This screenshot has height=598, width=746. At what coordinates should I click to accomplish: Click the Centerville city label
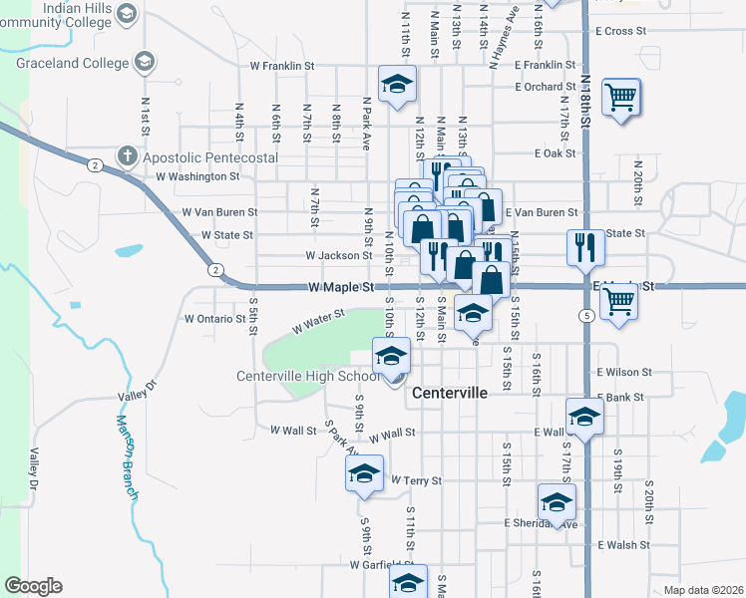pyautogui.click(x=450, y=393)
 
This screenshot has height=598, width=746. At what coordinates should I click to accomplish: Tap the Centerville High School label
pyautogui.click(x=308, y=376)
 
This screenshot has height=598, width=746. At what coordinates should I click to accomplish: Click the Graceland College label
pyautogui.click(x=73, y=63)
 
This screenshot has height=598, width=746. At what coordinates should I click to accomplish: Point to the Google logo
pyautogui.click(x=33, y=585)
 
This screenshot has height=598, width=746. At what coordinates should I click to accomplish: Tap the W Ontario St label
pyautogui.click(x=214, y=319)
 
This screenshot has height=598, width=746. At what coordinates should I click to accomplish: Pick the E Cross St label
pyautogui.click(x=621, y=31)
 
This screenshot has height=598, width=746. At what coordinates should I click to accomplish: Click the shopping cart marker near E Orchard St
pyautogui.click(x=620, y=98)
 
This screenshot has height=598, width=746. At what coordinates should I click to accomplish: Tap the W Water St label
pyautogui.click(x=318, y=321)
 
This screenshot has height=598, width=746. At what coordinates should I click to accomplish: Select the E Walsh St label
pyautogui.click(x=623, y=545)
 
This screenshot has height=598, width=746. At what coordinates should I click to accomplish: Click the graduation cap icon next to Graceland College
pyautogui.click(x=144, y=63)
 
